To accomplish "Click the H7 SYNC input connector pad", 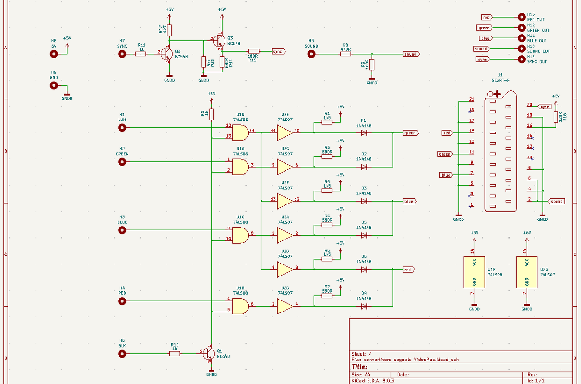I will pos(122,54).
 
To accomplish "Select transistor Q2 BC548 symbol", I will pos(166,54).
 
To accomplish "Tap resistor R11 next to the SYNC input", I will pos(141,54).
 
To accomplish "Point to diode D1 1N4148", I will pos(364,132).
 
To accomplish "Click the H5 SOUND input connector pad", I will pos(311,54).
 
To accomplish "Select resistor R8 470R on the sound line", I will pos(345,54).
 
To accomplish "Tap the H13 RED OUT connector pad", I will pos(522,17).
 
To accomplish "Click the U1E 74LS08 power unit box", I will pos(474,272).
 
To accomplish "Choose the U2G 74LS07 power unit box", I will pos(527,272).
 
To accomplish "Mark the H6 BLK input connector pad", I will pos(122,354).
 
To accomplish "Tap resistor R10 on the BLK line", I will pos(175,354).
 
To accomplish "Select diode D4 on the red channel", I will pos(364,305).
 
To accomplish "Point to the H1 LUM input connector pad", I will pos(122,128).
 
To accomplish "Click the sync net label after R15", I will pos(278,51).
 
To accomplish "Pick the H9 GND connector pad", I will pos(54,85).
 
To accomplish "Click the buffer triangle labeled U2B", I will pos(285,305).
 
